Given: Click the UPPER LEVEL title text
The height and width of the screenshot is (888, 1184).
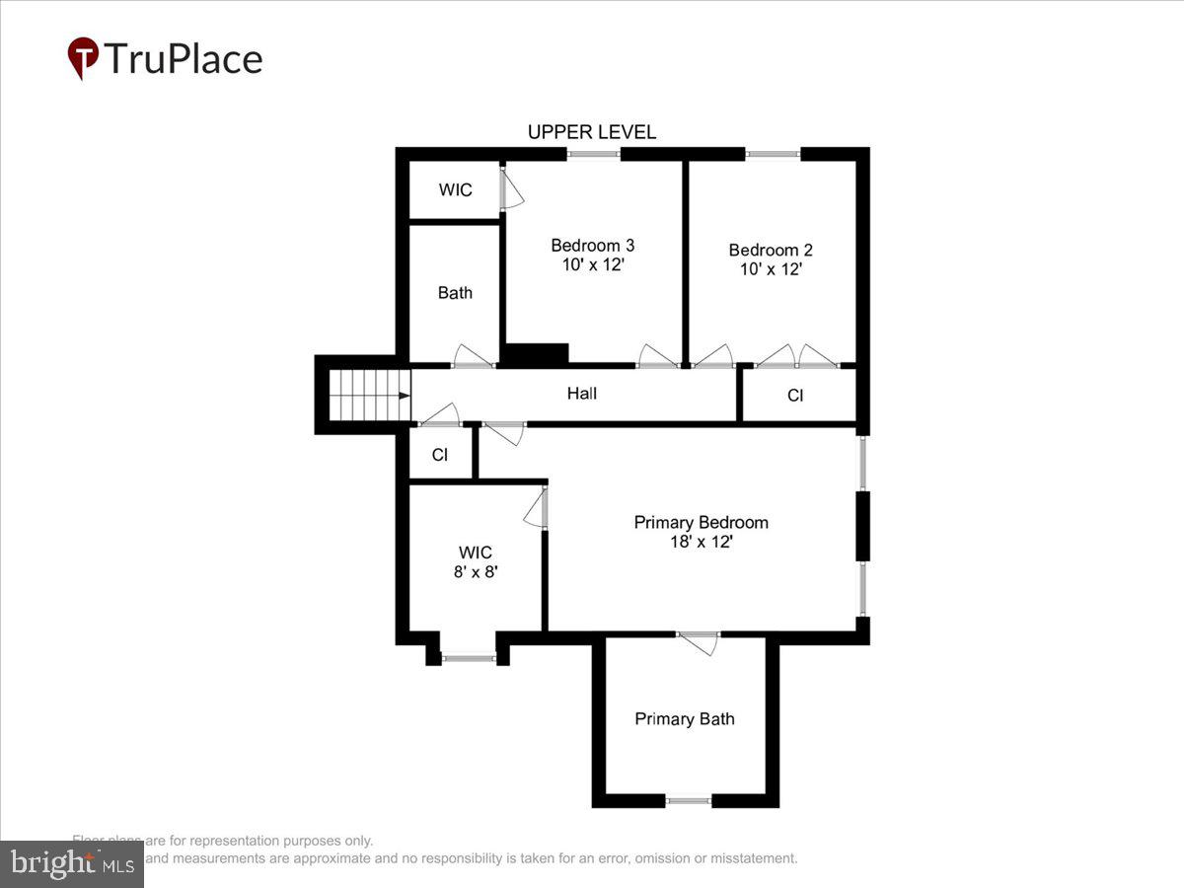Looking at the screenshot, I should [591, 132].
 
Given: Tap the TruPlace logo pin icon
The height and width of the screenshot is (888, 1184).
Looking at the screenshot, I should [83, 57].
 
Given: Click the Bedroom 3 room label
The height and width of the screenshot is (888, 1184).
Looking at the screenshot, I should [592, 246].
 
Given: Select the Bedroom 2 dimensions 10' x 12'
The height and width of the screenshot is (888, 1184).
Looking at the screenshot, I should [771, 268].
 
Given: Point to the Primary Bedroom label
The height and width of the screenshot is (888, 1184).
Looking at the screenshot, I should [701, 522].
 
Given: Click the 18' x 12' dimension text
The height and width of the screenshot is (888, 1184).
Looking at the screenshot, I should [701, 542].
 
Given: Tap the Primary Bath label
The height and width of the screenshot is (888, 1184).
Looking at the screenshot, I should [685, 719].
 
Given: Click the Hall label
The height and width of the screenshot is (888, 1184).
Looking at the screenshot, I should [582, 394].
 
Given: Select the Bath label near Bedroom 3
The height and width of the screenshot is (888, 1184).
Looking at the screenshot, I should [455, 293].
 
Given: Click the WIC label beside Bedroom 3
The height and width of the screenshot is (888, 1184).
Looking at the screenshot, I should [455, 190].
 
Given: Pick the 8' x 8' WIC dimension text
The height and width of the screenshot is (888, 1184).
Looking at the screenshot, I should [476, 571].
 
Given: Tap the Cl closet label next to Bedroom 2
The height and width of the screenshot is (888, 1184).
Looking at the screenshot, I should [795, 396].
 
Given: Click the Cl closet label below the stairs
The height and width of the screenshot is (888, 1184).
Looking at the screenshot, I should [440, 455].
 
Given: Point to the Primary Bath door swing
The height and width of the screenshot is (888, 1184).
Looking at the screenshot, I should [700, 643].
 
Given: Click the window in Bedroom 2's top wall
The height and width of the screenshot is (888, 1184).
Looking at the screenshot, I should [773, 154].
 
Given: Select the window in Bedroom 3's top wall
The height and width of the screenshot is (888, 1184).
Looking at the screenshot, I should [594, 154].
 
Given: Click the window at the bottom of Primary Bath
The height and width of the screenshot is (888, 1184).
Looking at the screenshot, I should [688, 800].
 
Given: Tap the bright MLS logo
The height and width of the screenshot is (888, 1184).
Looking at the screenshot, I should [71, 863].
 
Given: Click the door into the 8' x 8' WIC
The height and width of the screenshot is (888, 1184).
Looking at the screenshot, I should [537, 509].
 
